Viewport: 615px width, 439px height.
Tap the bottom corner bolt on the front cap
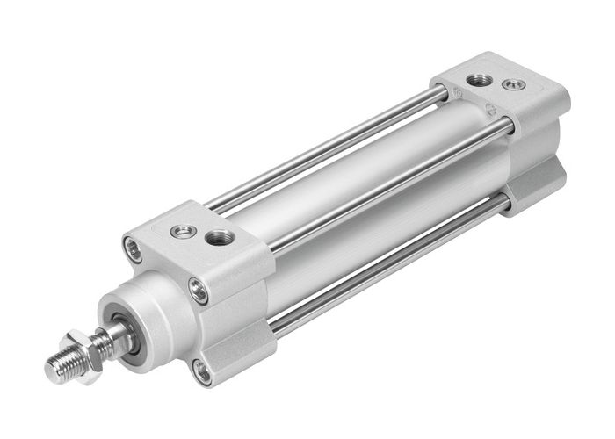[203, 371]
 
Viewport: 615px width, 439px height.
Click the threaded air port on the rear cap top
[480, 79]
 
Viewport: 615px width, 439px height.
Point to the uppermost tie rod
[334, 145]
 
